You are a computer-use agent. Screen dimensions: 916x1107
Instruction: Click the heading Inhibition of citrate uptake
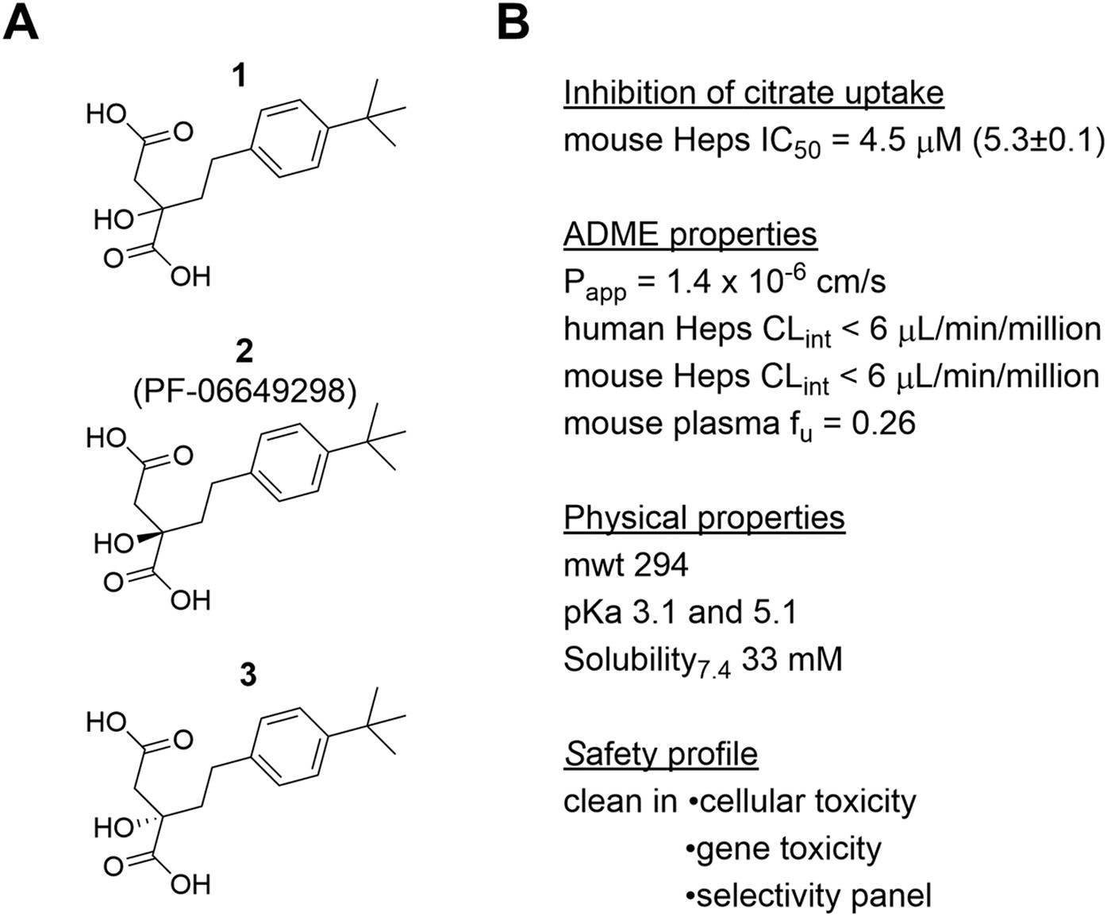tap(753, 93)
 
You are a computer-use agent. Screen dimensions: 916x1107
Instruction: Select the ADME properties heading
tap(690, 234)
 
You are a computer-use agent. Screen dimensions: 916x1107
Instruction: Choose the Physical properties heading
tap(704, 518)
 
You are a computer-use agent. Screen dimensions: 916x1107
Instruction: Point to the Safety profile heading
tap(660, 753)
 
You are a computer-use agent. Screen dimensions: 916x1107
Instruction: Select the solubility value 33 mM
tap(792, 659)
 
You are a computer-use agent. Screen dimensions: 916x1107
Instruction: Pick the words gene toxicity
tap(788, 849)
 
